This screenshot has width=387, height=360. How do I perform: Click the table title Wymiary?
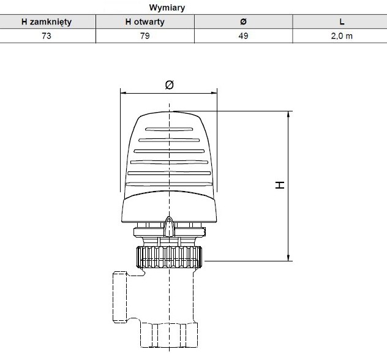pyautogui.click(x=167, y=7)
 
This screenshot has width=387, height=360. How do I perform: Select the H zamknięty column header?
pyautogui.click(x=47, y=21)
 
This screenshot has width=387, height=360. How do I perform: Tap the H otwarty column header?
pyautogui.click(x=145, y=21)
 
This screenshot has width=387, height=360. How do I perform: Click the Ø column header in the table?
pyautogui.click(x=243, y=21)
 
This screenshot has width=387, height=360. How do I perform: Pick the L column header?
pyautogui.click(x=342, y=21)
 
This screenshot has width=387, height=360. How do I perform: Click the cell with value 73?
pyautogui.click(x=47, y=36)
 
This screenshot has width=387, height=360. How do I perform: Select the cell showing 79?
pyautogui.click(x=145, y=36)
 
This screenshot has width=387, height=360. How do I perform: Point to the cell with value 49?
pyautogui.click(x=243, y=36)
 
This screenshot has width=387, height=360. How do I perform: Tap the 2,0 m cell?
pyautogui.click(x=342, y=36)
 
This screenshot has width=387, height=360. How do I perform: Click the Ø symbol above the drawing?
pyautogui.click(x=169, y=85)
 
